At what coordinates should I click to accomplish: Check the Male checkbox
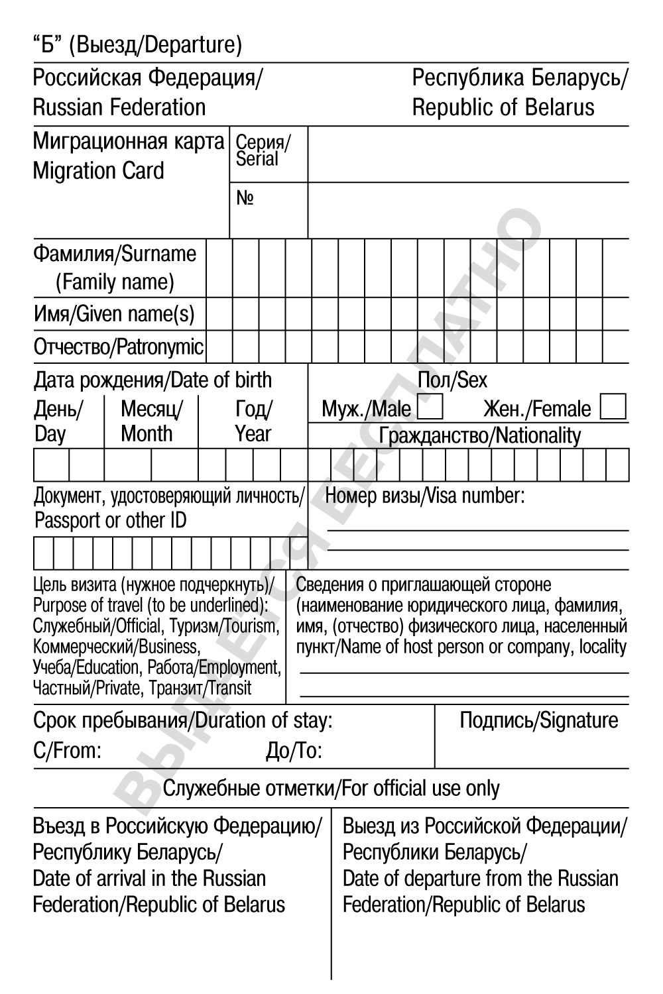431,408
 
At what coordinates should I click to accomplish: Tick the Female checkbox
613,407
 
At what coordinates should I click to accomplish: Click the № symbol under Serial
245,198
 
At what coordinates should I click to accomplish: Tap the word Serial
257,159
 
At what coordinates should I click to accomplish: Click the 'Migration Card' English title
98,171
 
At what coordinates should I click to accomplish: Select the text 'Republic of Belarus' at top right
503,107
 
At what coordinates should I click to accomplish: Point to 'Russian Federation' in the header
119,107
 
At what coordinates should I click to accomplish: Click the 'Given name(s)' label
136,313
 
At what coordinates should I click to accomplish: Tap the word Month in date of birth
147,434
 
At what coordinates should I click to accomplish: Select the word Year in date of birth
253,434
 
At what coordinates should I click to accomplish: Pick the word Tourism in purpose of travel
252,626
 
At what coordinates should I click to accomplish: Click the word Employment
240,667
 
